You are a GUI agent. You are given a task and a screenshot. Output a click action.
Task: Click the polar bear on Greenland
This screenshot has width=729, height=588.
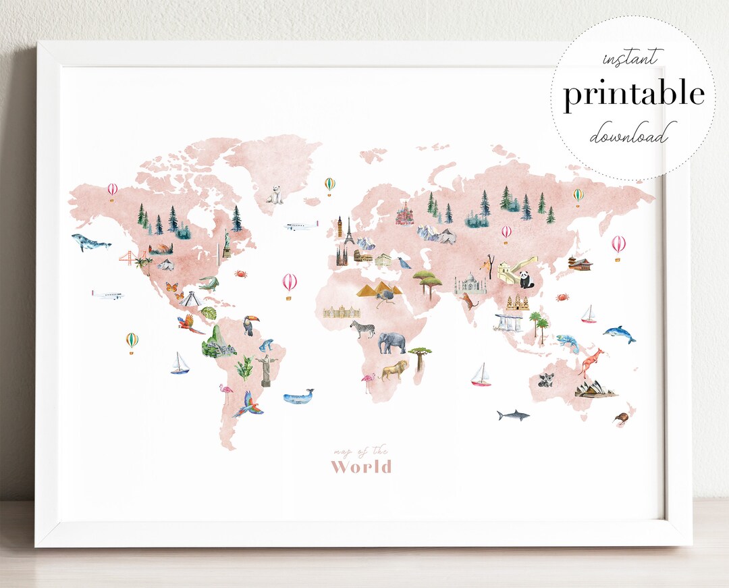274,194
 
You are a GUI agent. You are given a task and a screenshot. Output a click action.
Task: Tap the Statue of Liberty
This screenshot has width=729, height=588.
227,243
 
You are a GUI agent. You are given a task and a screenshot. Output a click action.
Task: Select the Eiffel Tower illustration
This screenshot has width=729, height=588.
349,232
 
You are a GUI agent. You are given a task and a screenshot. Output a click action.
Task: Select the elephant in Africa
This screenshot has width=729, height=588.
392,342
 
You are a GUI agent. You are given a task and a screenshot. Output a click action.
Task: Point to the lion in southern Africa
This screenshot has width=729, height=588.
395,369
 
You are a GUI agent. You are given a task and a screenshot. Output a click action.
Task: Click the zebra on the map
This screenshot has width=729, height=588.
362,329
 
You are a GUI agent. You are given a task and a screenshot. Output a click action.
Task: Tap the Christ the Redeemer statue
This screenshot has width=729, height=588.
263,369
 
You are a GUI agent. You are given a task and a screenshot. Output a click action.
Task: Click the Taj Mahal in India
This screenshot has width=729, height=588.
466,284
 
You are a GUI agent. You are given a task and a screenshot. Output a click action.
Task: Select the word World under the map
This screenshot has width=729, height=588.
360,466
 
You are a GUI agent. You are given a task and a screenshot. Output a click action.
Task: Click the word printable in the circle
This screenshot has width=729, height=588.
634,95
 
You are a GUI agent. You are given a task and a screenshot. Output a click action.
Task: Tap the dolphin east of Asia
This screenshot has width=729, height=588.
619,333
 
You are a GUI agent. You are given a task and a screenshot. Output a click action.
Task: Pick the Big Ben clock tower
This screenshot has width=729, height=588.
340,227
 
